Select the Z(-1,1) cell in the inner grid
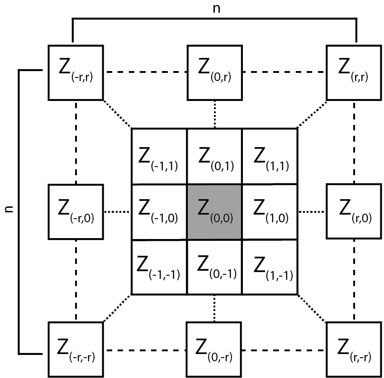(x=159, y=157)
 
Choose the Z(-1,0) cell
(x=159, y=212)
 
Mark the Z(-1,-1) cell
(x=159, y=267)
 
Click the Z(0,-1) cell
(x=214, y=267)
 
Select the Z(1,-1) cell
(x=270, y=267)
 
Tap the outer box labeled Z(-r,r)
(x=76, y=72)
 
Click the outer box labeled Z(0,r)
(x=215, y=72)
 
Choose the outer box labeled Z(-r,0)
(x=76, y=212)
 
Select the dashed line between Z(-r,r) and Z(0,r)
(x=145, y=72)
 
